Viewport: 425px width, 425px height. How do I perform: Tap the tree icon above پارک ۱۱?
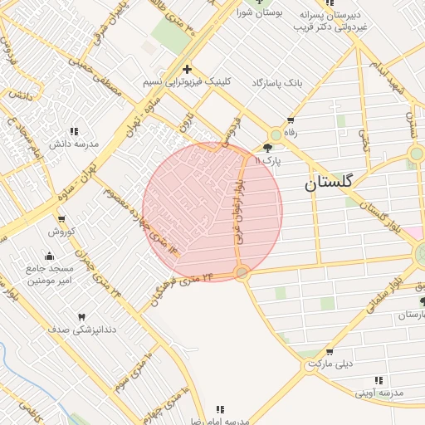[266, 148]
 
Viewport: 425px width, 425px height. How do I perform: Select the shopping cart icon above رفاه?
[290, 120]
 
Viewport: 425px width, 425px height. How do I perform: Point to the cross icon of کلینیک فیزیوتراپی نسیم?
[188, 69]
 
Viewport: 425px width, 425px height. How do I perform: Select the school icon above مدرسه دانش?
[74, 131]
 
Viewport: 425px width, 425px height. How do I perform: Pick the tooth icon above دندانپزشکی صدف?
[81, 317]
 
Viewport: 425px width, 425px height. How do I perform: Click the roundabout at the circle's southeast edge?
[242, 272]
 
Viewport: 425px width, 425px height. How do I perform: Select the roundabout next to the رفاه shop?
[276, 134]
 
